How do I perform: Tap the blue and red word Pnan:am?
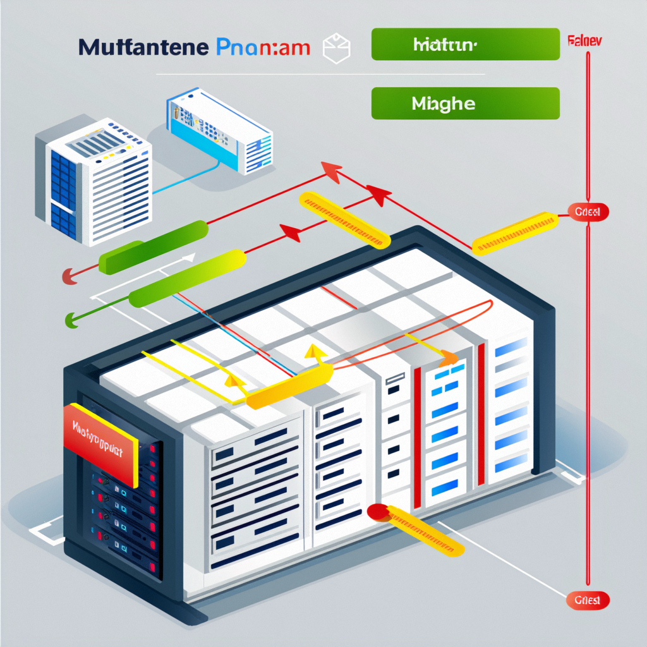[263, 48]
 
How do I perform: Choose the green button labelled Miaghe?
[465, 103]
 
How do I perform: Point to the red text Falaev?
[584, 41]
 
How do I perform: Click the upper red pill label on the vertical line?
[588, 212]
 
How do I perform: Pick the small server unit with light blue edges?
[219, 132]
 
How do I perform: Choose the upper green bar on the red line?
[154, 247]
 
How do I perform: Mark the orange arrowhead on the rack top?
[449, 359]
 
